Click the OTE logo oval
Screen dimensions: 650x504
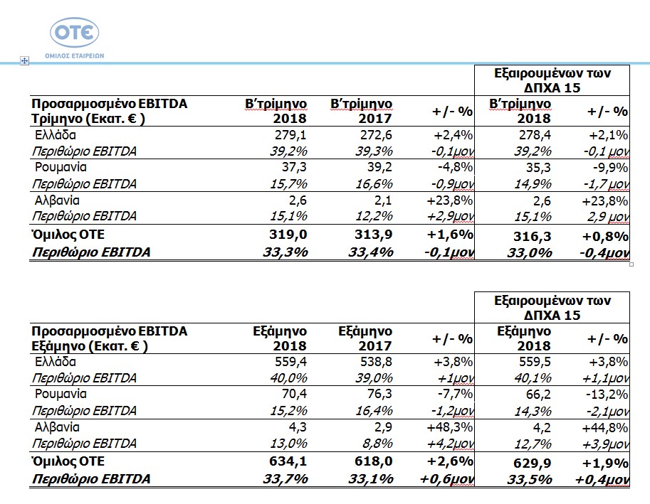click(x=75, y=32)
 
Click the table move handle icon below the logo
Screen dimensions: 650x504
click(x=24, y=61)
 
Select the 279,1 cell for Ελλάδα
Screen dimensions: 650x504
click(x=290, y=135)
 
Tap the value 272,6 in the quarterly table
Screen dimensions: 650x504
click(x=376, y=135)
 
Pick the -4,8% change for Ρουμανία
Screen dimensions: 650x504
click(x=455, y=167)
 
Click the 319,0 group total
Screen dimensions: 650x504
click(x=288, y=234)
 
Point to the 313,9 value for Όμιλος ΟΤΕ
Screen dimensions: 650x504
click(x=374, y=234)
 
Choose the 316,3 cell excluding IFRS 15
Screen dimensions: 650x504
click(x=533, y=236)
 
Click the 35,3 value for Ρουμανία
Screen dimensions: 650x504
click(x=538, y=168)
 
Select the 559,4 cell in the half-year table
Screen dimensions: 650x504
click(x=290, y=362)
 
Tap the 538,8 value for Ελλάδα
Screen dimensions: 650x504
click(x=376, y=362)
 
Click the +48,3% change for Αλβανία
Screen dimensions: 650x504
click(x=450, y=427)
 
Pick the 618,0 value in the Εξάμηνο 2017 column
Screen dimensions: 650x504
click(x=374, y=461)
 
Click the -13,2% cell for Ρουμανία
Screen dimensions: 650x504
click(x=607, y=395)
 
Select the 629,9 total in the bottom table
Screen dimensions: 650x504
click(x=533, y=463)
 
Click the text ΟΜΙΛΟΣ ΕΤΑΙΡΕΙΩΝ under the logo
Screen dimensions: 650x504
click(x=75, y=56)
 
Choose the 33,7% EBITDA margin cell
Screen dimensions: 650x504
click(x=285, y=478)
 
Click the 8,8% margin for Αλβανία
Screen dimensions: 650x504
click(x=377, y=443)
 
